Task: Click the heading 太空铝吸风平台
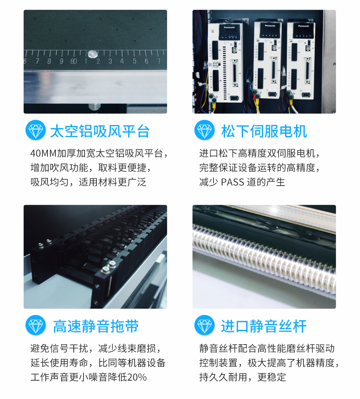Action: click(x=100, y=131)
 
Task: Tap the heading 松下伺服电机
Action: click(x=264, y=131)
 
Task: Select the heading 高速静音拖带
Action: click(x=96, y=327)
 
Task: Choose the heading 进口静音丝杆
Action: click(x=264, y=327)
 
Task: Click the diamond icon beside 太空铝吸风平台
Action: click(x=35, y=130)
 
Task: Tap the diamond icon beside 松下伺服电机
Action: click(x=204, y=130)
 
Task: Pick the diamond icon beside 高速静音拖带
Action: click(x=35, y=325)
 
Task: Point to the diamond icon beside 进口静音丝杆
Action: click(x=204, y=325)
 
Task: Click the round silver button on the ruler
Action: click(x=92, y=54)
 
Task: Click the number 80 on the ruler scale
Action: click(x=73, y=61)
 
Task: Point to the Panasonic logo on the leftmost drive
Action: click(x=229, y=27)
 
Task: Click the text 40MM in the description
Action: click(x=43, y=153)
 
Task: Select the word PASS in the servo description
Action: click(x=233, y=182)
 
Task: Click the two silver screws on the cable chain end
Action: click(x=108, y=267)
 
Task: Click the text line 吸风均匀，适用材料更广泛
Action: click(x=88, y=182)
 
